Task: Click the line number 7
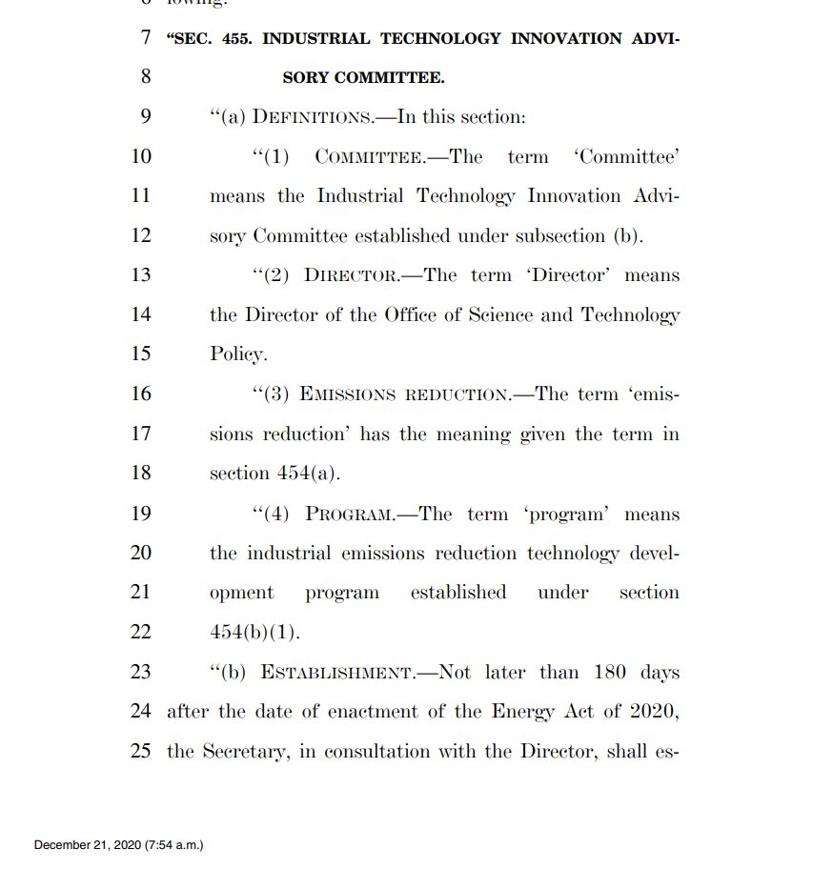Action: point(145,39)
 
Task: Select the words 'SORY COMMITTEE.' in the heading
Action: point(363,77)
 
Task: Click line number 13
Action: point(140,275)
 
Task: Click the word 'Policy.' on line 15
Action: point(238,354)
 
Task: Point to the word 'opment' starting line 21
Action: point(241,593)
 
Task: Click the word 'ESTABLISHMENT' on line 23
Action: point(336,673)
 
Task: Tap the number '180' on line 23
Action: point(612,673)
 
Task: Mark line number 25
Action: point(140,751)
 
